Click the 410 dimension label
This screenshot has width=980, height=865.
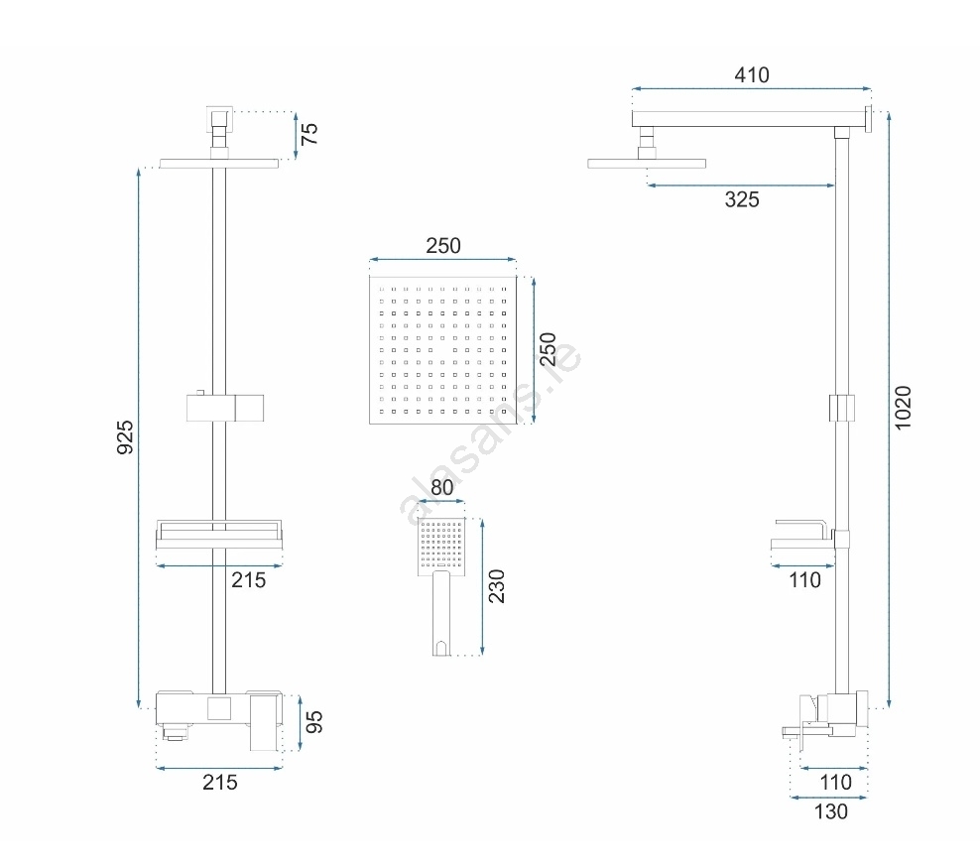pyautogui.click(x=751, y=75)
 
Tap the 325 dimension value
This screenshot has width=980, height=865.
pyautogui.click(x=742, y=199)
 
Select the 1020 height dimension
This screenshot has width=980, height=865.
pyautogui.click(x=903, y=408)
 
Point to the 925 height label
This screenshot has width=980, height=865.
pyautogui.click(x=125, y=437)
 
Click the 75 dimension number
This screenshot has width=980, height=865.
pyautogui.click(x=309, y=134)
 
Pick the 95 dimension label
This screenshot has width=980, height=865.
pyautogui.click(x=314, y=722)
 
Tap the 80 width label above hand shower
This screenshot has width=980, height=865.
pyautogui.click(x=441, y=487)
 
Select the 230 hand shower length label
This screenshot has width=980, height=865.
pyautogui.click(x=496, y=586)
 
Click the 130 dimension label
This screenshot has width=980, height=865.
pyautogui.click(x=830, y=811)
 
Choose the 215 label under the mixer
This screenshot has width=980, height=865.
pyautogui.click(x=220, y=782)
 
